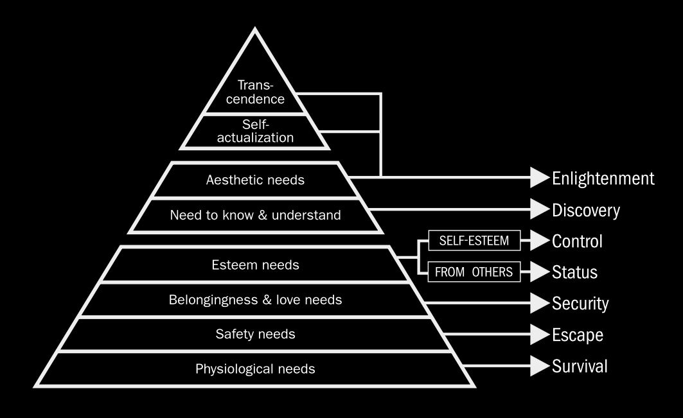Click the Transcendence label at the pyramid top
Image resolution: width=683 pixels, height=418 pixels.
click(x=261, y=92)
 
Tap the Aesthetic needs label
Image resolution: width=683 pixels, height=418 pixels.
click(x=255, y=180)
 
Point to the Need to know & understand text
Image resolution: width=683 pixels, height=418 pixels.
click(x=255, y=215)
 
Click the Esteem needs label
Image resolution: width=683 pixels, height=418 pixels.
click(x=255, y=265)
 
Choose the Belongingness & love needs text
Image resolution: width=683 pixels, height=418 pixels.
click(x=255, y=300)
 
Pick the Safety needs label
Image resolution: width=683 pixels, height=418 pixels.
click(x=255, y=334)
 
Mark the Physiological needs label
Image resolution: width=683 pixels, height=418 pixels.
click(x=255, y=369)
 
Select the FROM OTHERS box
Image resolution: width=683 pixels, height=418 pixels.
click(x=474, y=272)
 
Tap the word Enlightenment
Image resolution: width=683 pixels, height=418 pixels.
click(x=603, y=178)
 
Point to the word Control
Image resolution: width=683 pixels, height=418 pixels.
click(x=576, y=241)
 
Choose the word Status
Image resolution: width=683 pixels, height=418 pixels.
click(x=574, y=272)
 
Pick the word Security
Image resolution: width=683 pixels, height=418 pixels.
click(x=580, y=303)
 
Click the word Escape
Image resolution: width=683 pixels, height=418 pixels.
click(x=577, y=335)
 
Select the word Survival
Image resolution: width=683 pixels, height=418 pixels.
click(x=580, y=367)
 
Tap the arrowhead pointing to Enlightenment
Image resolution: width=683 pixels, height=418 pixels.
click(x=539, y=178)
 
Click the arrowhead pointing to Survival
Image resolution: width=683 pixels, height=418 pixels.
click(x=539, y=367)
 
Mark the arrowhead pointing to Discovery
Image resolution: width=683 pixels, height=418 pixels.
click(x=539, y=209)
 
